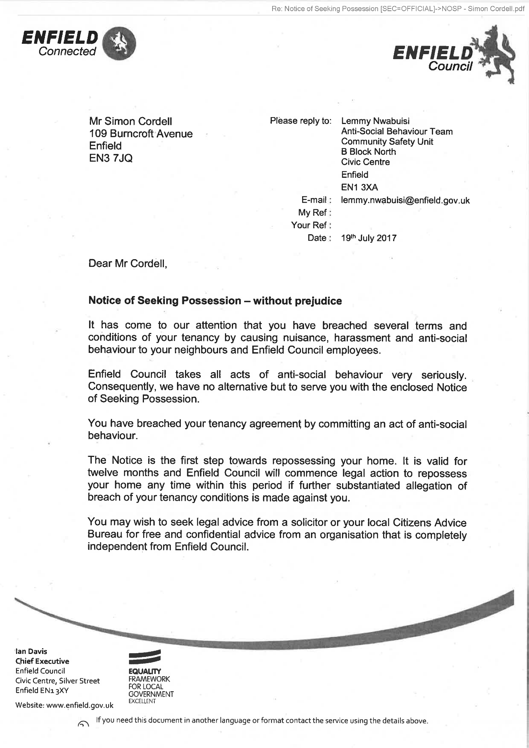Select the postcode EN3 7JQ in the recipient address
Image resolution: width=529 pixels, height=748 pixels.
[x=111, y=158]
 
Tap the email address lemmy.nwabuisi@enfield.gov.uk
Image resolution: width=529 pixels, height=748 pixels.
[x=405, y=200]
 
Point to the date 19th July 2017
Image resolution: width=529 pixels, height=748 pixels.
[x=369, y=238]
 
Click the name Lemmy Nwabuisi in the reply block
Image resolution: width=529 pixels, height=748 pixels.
[x=375, y=121]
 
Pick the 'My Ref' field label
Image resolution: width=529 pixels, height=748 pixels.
[x=314, y=213]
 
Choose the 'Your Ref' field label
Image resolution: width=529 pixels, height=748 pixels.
[x=311, y=225]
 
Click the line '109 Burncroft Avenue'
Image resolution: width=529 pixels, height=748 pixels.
[x=141, y=134]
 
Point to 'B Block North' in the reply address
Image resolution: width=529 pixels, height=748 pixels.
[x=368, y=152]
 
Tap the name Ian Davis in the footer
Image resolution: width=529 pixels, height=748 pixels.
[x=31, y=651]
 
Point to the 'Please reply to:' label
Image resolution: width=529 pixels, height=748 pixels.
[x=300, y=121]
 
